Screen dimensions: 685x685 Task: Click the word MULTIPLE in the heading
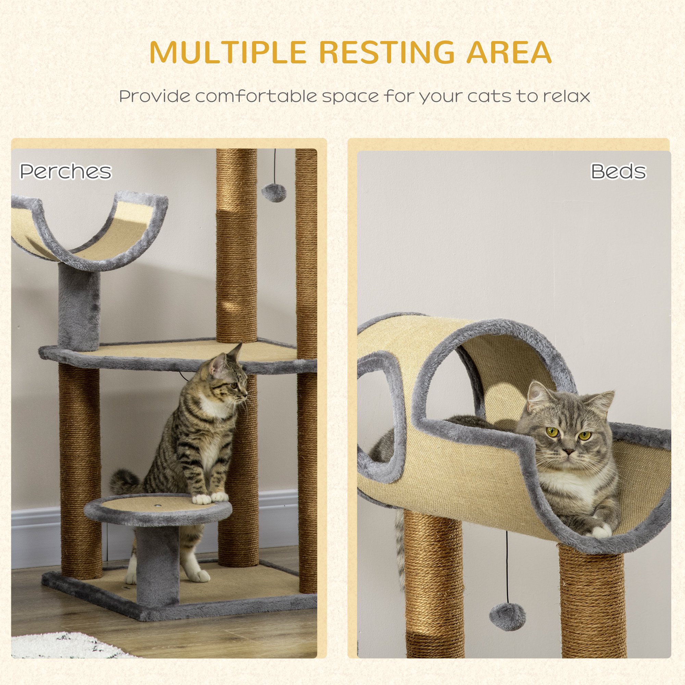228,52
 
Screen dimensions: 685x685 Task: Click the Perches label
66,171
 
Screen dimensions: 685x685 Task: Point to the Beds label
618,171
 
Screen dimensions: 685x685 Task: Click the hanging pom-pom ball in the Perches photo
271,192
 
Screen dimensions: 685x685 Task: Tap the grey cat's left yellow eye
552,432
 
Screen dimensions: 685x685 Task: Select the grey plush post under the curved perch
79,307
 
